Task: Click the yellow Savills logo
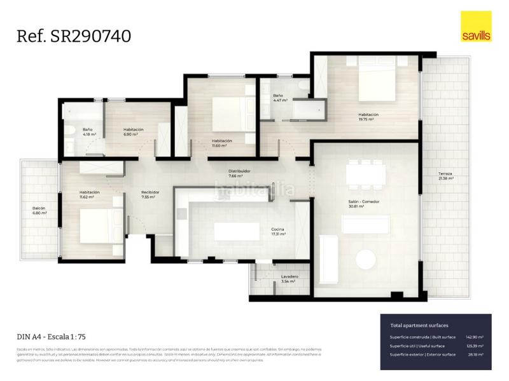pyautogui.click(x=476, y=27)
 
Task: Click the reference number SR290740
pyautogui.click(x=74, y=36)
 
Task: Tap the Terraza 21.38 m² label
pyautogui.click(x=446, y=177)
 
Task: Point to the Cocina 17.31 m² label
pyautogui.click(x=277, y=231)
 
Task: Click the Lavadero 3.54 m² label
pyautogui.click(x=289, y=279)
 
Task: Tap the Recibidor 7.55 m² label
pyautogui.click(x=150, y=194)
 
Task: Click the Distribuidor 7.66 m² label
pyautogui.click(x=240, y=173)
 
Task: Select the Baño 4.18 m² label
pyautogui.click(x=89, y=132)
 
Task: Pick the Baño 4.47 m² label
pyautogui.click(x=280, y=98)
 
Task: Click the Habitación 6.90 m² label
pyautogui.click(x=133, y=132)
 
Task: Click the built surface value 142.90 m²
pyautogui.click(x=475, y=337)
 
